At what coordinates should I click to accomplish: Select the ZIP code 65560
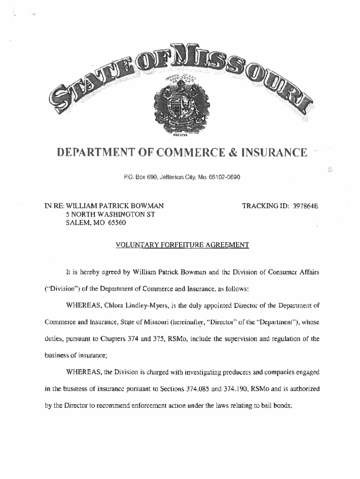115,223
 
